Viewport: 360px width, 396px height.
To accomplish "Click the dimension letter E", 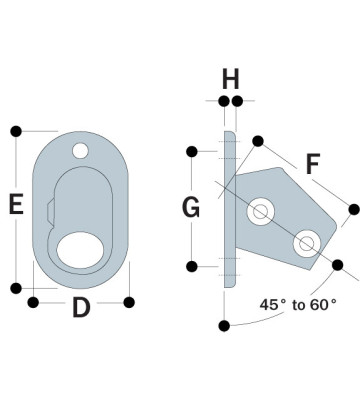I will point(16,205).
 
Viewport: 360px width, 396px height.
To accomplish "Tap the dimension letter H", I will point(231,77).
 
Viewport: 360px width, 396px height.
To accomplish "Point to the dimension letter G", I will point(192,208).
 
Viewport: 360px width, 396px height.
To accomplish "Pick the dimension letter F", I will point(313,163).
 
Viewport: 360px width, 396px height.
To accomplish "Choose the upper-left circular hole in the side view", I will point(262,210).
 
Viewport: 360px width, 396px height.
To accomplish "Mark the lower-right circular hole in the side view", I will point(305,241).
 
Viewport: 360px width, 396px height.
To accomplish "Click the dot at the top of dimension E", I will point(16,131).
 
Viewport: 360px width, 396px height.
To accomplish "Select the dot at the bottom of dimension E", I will point(16,288).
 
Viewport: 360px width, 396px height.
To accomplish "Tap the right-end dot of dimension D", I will point(129,301).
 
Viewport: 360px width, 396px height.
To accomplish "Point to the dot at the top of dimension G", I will point(190,152).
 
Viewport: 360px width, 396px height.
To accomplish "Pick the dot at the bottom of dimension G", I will point(190,266).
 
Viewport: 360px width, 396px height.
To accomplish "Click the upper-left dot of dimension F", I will point(259,141).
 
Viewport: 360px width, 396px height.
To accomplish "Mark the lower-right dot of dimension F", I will point(353,209).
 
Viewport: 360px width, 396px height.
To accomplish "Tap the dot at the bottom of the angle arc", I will point(226,324).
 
